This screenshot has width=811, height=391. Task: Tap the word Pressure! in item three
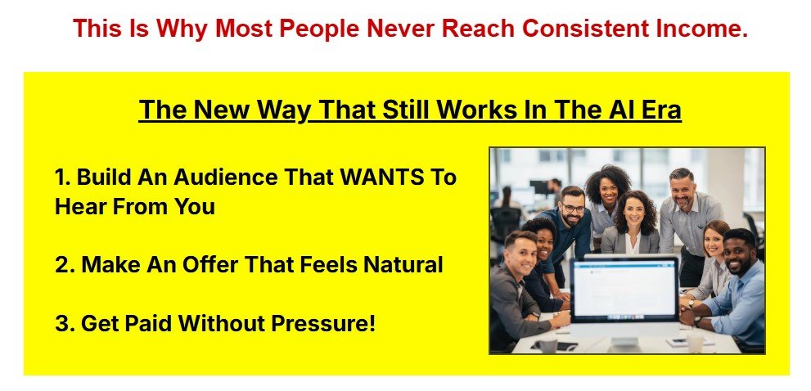click(323, 324)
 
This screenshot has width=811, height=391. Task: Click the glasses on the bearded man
click(573, 209)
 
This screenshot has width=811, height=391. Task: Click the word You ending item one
click(194, 206)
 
